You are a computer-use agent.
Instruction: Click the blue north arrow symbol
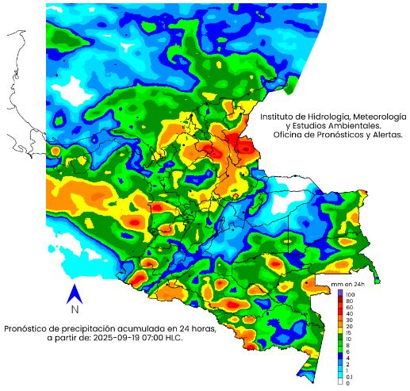pos(74,294)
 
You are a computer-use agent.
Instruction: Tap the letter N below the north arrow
pos(74,309)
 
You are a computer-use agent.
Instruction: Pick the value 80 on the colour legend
pos(349,301)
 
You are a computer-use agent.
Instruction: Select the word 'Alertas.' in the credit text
pos(384,135)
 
